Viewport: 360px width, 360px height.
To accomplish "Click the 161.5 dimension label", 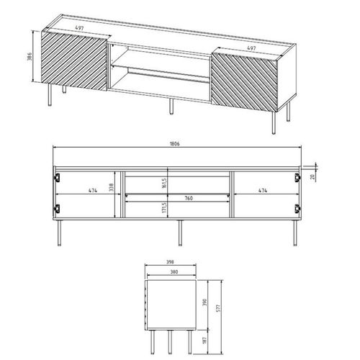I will click(166, 183).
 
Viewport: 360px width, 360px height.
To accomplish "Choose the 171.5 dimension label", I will click(166, 210).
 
